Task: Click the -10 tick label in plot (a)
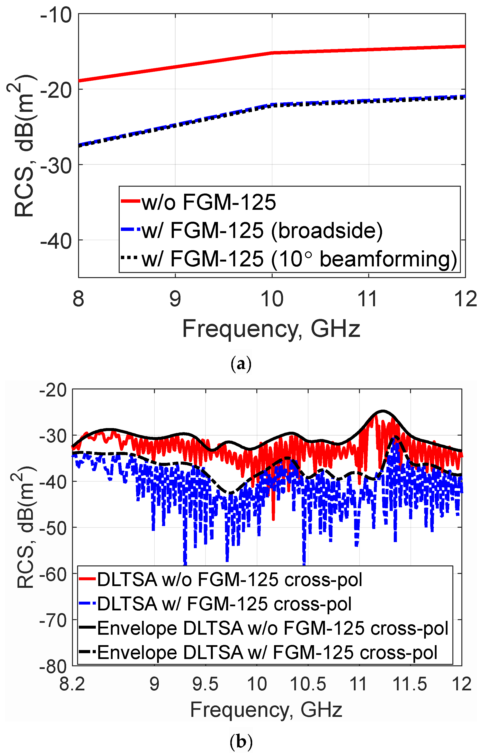tap(56, 16)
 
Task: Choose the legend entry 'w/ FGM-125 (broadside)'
tap(262, 231)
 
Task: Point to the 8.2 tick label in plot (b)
tap(72, 685)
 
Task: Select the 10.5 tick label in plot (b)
tap(308, 685)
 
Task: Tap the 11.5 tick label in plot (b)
tap(410, 685)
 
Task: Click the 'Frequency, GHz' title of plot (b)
tap(266, 710)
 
